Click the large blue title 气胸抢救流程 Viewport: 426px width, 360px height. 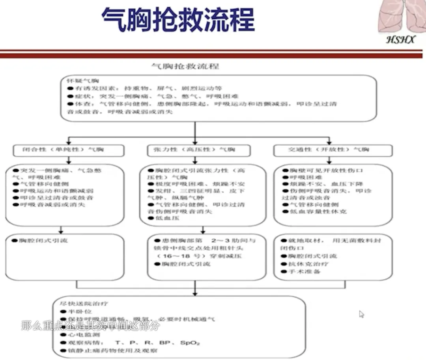coord(178,20)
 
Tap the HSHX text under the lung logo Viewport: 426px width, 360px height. coord(400,39)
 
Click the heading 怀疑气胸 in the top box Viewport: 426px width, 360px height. coord(79,81)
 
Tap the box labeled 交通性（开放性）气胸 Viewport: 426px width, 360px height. coord(333,150)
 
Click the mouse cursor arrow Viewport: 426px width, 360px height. coord(361,314)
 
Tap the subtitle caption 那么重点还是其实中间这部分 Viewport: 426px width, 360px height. coord(90,326)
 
